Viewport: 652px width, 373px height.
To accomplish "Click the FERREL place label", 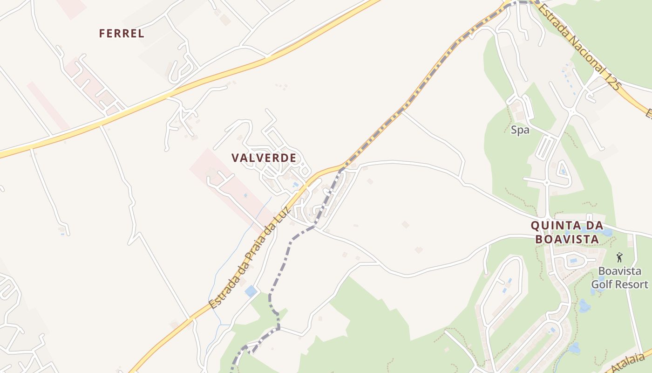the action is [122, 34].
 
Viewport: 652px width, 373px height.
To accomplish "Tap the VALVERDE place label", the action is [264, 158].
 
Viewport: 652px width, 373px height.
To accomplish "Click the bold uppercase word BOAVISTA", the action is [567, 239].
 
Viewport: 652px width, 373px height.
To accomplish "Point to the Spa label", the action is [520, 130].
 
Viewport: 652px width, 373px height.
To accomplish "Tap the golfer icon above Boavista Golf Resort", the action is [619, 257].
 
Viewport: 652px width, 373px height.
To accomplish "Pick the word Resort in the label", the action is [633, 284].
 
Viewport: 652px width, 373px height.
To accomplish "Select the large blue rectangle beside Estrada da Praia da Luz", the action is [251, 291].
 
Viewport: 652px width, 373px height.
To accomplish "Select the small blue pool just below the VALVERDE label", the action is [295, 185].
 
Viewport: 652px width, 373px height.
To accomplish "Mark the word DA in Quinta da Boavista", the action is [592, 226].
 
